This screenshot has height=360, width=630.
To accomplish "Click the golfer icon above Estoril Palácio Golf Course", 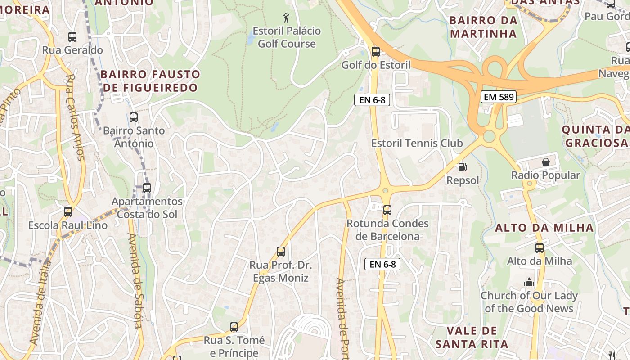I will click(x=286, y=18).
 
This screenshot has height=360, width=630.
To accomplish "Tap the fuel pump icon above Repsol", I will click(x=462, y=167).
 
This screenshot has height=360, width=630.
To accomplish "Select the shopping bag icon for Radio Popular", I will click(x=545, y=162).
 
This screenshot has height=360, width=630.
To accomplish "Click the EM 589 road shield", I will click(x=498, y=97).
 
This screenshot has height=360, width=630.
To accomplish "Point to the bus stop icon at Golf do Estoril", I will click(x=376, y=52).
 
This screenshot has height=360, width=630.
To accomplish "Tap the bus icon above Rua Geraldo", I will click(x=72, y=37).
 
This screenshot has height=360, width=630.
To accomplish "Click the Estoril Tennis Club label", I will click(x=417, y=144).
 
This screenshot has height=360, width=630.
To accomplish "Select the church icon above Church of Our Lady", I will click(x=529, y=283).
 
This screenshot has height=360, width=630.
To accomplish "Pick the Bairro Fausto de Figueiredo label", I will click(x=150, y=81).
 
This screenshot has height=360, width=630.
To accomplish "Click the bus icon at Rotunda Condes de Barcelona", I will click(x=387, y=210).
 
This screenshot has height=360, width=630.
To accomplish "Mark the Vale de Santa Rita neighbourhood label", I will click(x=472, y=337).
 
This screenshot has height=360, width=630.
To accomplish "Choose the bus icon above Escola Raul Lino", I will click(x=68, y=211).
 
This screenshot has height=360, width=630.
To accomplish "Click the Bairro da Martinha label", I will click(x=483, y=27).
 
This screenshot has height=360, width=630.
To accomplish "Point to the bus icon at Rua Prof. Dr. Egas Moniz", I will click(x=281, y=252).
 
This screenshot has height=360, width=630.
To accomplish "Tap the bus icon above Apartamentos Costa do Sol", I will click(x=147, y=188).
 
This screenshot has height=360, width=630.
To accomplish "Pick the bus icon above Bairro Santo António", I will click(x=134, y=117).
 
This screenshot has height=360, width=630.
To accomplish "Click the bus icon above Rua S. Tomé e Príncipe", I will click(x=234, y=327).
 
